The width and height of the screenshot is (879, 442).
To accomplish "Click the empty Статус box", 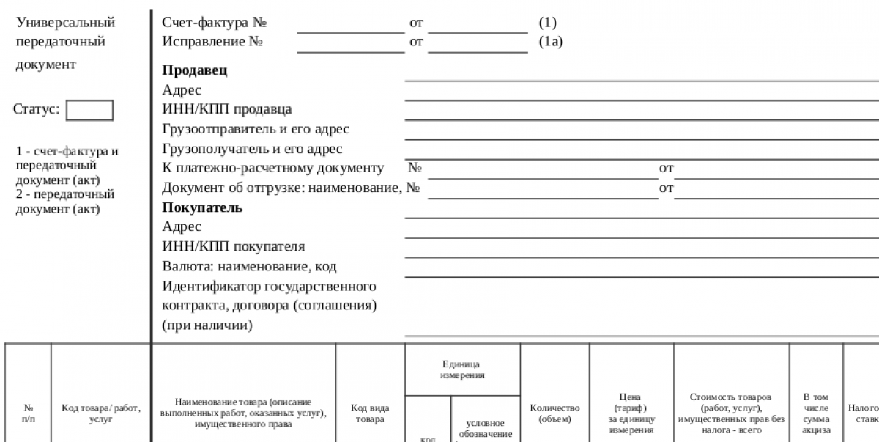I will (89, 110).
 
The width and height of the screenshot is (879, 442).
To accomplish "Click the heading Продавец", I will (194, 70).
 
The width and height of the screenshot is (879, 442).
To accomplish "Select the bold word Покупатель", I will (201, 207).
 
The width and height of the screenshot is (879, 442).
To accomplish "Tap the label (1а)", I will (550, 42).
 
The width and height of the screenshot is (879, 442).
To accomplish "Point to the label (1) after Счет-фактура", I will (547, 23).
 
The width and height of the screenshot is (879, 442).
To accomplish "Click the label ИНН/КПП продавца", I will (226, 109).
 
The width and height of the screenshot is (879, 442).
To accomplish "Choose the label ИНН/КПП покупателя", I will (233, 246).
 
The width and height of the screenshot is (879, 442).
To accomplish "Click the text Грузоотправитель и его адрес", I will (255, 129).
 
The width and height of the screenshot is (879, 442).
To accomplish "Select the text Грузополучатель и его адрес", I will (252, 149).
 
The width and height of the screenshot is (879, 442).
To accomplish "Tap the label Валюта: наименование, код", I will (249, 266).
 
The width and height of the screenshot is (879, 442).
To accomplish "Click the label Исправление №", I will (212, 42).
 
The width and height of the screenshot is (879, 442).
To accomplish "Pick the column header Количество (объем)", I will (554, 413).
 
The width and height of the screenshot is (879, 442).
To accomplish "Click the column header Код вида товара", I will (370, 413).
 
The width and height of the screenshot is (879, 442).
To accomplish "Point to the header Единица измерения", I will (461, 369).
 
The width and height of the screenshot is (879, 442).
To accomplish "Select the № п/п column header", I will (29, 412).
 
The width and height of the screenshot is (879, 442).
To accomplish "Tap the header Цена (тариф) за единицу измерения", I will (631, 413).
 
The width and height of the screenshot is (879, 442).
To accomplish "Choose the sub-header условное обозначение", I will (485, 429).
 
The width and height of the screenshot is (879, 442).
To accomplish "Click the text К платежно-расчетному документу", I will (272, 169).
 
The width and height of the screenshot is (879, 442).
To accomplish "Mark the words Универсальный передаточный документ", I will (65, 43).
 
